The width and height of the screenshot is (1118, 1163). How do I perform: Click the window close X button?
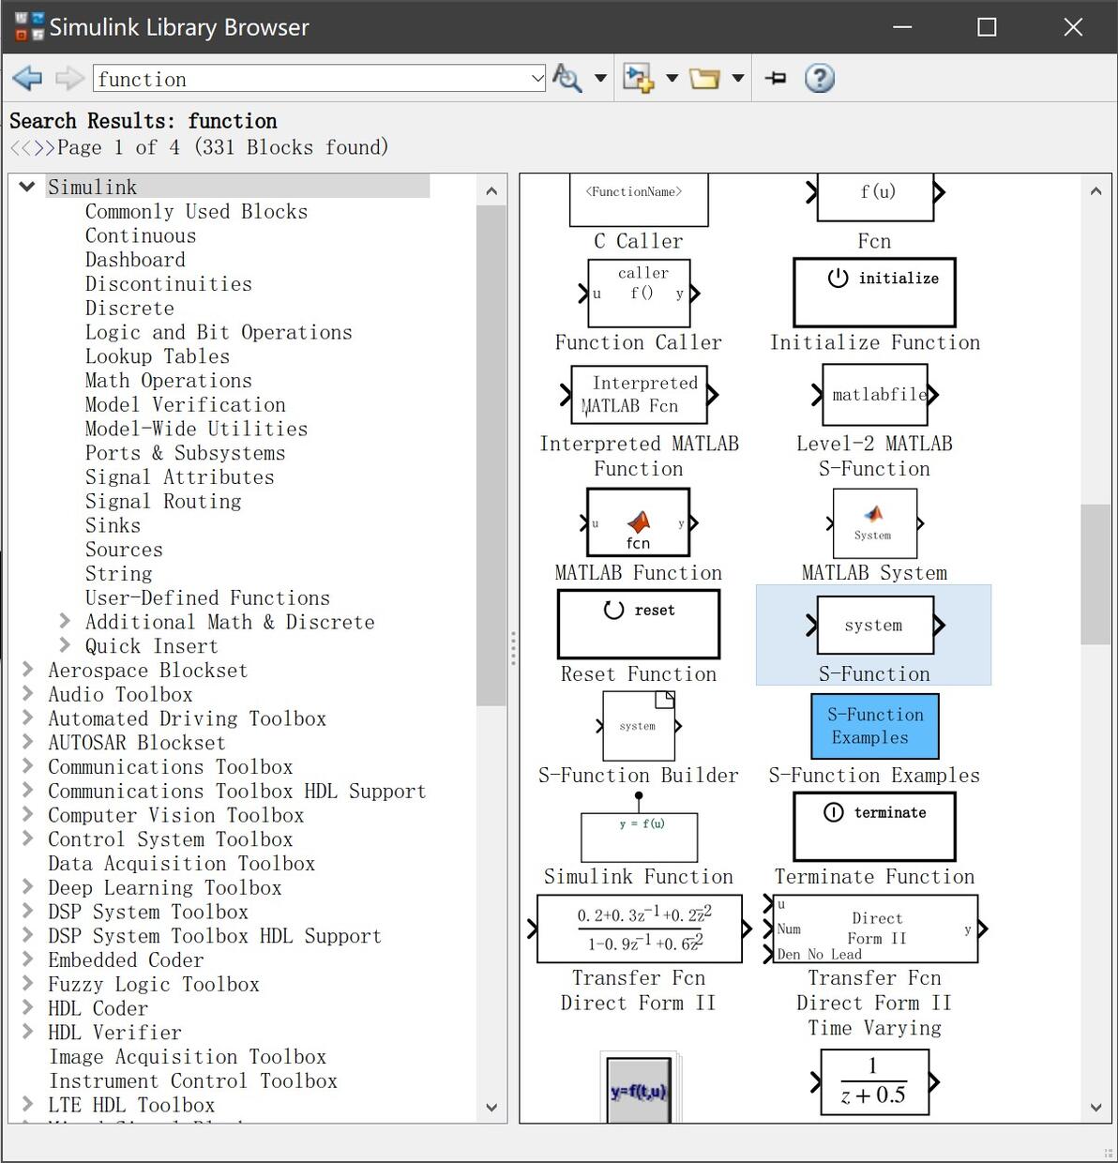1073,27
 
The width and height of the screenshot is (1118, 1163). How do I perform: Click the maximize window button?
987,27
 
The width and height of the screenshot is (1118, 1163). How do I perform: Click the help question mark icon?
819,79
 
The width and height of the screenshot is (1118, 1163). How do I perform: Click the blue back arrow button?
27,79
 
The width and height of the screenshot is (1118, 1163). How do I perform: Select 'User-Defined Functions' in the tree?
207,598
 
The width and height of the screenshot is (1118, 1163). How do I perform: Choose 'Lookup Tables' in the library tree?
157,356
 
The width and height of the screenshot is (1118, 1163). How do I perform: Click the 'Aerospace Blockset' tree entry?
148,671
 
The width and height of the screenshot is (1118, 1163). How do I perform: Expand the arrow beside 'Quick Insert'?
65,645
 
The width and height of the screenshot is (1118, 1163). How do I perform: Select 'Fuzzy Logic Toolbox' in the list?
154,984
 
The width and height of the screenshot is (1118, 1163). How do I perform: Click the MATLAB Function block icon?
639,522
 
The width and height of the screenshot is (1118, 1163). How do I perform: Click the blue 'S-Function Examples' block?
874,726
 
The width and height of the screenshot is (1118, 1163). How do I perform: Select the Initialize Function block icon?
874,293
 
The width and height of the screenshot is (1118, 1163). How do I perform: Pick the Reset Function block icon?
639,624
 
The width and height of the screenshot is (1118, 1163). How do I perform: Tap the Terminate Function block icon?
874,826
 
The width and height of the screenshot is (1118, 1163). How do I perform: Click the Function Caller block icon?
639,293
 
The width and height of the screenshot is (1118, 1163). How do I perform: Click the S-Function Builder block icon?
639,726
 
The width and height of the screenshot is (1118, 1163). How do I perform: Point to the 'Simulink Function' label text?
639,877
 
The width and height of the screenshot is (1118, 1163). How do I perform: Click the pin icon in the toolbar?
776,79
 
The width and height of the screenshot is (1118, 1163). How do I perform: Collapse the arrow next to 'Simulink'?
27,187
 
